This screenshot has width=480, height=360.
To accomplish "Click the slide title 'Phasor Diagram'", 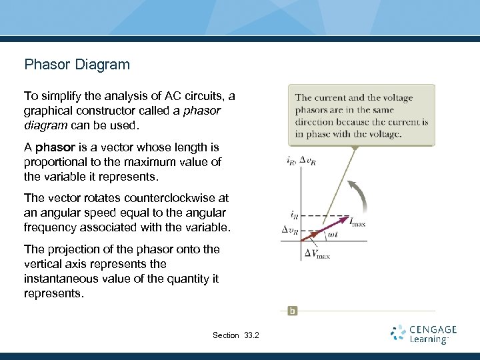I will tap(77, 65).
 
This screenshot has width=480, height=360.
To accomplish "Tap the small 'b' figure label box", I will tap(292, 311).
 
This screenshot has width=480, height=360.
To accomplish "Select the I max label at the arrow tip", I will tap(358, 222).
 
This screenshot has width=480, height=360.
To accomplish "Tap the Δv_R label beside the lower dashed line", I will tap(291, 229).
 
